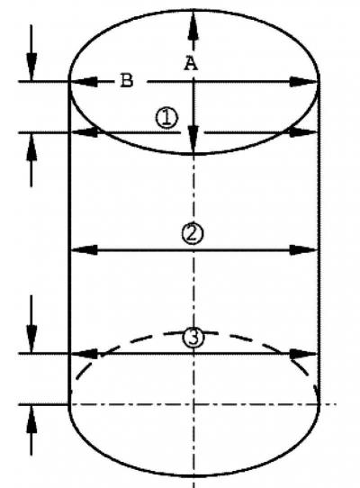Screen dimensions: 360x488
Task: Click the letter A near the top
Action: pyautogui.click(x=191, y=63)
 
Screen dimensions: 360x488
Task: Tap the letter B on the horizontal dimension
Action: pyautogui.click(x=127, y=81)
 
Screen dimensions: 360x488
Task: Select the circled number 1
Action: pyautogui.click(x=166, y=118)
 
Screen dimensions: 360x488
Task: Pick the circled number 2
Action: pyautogui.click(x=193, y=233)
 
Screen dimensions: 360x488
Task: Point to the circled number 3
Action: pyautogui.click(x=193, y=338)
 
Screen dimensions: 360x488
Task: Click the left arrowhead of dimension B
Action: pyautogui.click(x=84, y=82)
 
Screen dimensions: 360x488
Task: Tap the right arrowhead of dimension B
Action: pyautogui.click(x=303, y=82)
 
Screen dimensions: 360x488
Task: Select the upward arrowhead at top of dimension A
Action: pyautogui.click(x=193, y=25)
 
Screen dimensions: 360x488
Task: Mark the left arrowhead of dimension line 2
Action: pyautogui.click(x=84, y=249)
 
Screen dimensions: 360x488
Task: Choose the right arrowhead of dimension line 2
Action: pyautogui.click(x=303, y=250)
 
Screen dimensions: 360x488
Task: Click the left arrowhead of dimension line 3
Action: pyautogui.click(x=84, y=354)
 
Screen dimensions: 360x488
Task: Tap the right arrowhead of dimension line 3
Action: pyautogui.click(x=303, y=354)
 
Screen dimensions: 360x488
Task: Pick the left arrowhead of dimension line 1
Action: pyautogui.click(x=84, y=132)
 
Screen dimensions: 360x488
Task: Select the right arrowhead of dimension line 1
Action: pyautogui.click(x=303, y=132)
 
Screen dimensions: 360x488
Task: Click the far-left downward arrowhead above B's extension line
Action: pyautogui.click(x=31, y=67)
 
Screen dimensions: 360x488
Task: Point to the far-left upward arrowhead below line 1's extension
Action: pyautogui.click(x=31, y=147)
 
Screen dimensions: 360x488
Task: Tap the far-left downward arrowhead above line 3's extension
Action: pyautogui.click(x=31, y=339)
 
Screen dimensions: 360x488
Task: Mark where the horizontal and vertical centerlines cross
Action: pyautogui.click(x=193, y=404)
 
